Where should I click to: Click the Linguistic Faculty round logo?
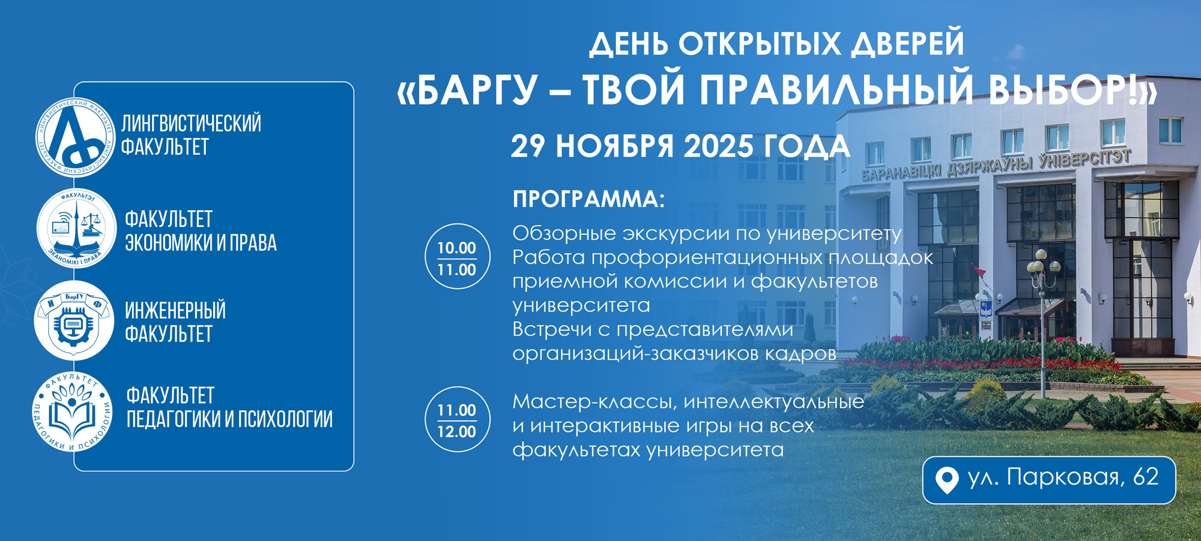click(75, 138)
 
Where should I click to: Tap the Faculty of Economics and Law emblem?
click(76, 229)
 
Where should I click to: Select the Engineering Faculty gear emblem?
click(73, 321)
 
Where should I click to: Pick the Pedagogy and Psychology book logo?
click(72, 412)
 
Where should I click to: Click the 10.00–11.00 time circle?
click(457, 256)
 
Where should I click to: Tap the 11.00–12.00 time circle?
click(457, 419)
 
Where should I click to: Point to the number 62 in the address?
click(1145, 477)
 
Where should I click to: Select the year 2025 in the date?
click(718, 147)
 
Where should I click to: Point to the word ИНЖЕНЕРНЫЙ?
click(175, 310)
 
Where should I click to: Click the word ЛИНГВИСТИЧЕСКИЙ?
click(192, 123)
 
